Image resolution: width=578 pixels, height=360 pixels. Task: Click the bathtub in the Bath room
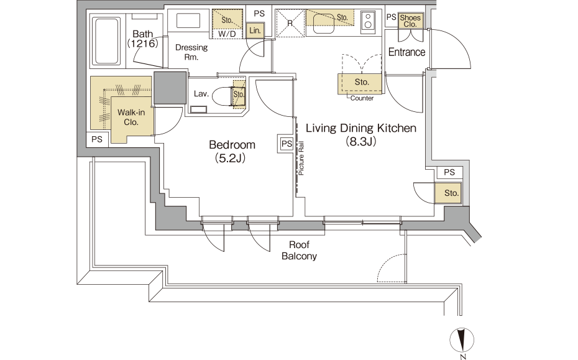click(108, 40)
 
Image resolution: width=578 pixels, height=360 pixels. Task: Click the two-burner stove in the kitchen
click(367, 21)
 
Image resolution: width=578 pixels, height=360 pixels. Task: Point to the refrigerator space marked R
click(290, 23)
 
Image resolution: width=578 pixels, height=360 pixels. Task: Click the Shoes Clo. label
click(410, 21)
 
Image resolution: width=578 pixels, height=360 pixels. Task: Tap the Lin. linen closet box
click(255, 30)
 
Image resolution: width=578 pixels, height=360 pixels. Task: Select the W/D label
click(227, 34)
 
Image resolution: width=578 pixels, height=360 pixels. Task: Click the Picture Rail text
click(301, 158)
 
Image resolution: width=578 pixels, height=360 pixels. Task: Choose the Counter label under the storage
click(362, 98)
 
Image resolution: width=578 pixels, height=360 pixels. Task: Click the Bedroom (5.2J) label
click(232, 151)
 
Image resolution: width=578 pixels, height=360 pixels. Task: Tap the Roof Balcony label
click(299, 251)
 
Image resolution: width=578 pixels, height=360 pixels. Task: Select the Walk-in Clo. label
click(131, 118)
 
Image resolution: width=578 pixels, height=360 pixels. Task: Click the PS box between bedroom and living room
click(287, 144)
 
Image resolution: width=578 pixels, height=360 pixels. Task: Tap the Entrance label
click(406, 52)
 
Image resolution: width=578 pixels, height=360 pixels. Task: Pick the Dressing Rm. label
click(191, 52)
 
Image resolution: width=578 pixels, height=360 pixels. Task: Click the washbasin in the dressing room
click(188, 21)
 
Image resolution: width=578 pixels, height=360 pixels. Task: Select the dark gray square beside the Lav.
click(170, 88)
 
